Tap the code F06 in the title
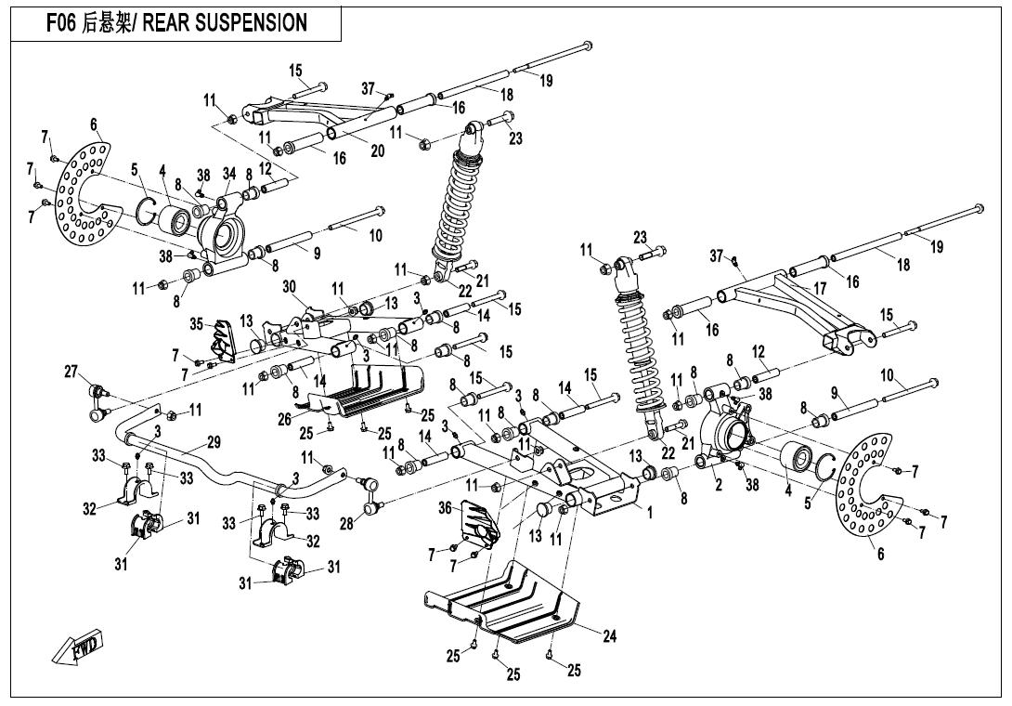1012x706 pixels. tap(62, 23)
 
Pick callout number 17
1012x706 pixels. tap(820, 289)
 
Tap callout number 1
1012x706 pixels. tap(650, 511)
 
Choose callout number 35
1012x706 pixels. tap(196, 323)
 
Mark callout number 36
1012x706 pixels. tap(445, 506)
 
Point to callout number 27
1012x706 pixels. tap(71, 373)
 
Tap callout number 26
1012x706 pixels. tap(285, 420)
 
